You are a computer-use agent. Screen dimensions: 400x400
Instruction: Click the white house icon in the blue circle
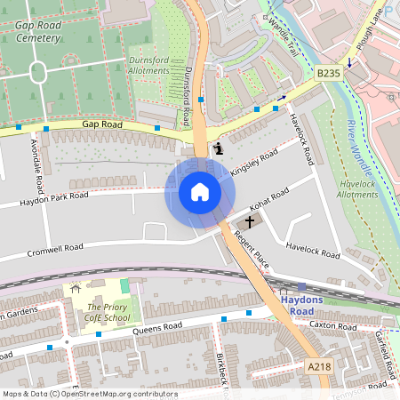point(200,191)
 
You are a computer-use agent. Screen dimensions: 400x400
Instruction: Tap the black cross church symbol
point(250,221)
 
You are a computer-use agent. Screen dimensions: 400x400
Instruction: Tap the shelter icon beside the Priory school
point(75,289)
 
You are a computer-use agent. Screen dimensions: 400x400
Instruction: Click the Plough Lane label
point(372,26)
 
